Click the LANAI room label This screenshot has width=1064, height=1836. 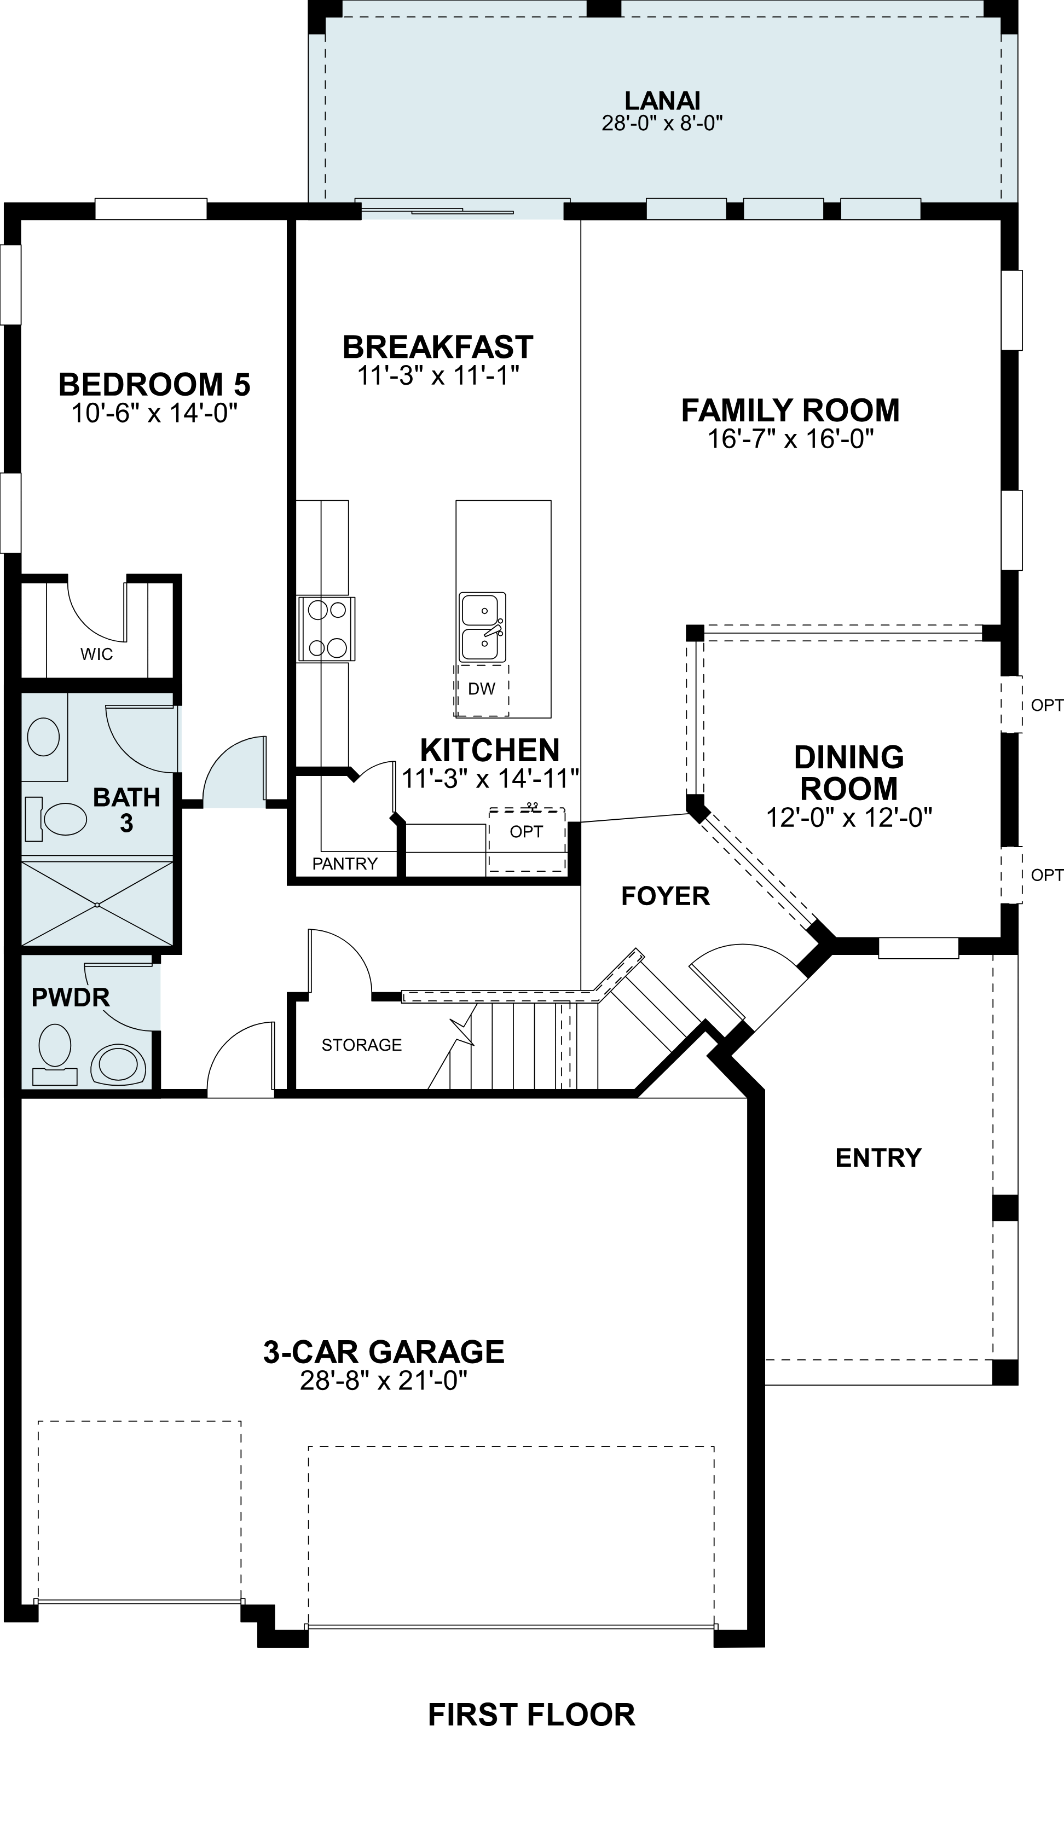[x=662, y=100]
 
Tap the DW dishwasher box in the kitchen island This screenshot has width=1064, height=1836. [x=482, y=689]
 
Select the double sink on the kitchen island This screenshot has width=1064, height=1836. [x=482, y=627]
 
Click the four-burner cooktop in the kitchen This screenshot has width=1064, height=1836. [x=327, y=629]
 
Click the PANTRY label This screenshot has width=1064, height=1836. [x=345, y=864]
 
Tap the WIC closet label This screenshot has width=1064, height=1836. [x=97, y=655]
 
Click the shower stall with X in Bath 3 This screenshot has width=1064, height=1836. [x=97, y=904]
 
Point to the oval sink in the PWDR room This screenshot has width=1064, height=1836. [x=118, y=1064]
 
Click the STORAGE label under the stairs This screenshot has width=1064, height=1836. [x=361, y=1045]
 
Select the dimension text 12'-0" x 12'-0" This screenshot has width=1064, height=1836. [x=849, y=818]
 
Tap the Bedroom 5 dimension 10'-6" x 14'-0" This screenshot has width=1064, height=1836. [x=154, y=414]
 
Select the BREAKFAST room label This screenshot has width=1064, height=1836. [x=438, y=347]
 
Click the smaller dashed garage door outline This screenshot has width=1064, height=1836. [x=139, y=1510]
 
